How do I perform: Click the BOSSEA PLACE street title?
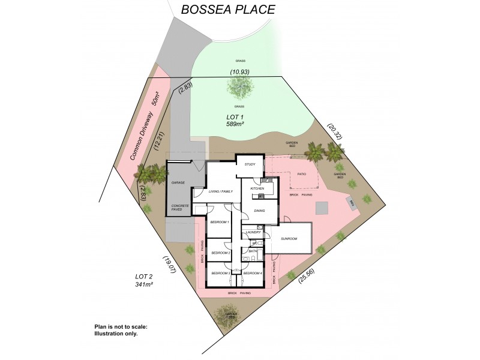click(220, 9)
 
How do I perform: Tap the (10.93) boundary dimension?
click(239, 72)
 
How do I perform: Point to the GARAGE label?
click(178, 182)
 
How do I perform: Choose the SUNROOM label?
click(289, 239)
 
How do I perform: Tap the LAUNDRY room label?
click(252, 232)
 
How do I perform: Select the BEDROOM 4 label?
click(253, 274)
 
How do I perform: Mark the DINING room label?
click(260, 211)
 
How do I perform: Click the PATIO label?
click(303, 174)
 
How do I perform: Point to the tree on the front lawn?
click(239, 89)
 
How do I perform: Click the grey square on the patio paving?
click(323, 207)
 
